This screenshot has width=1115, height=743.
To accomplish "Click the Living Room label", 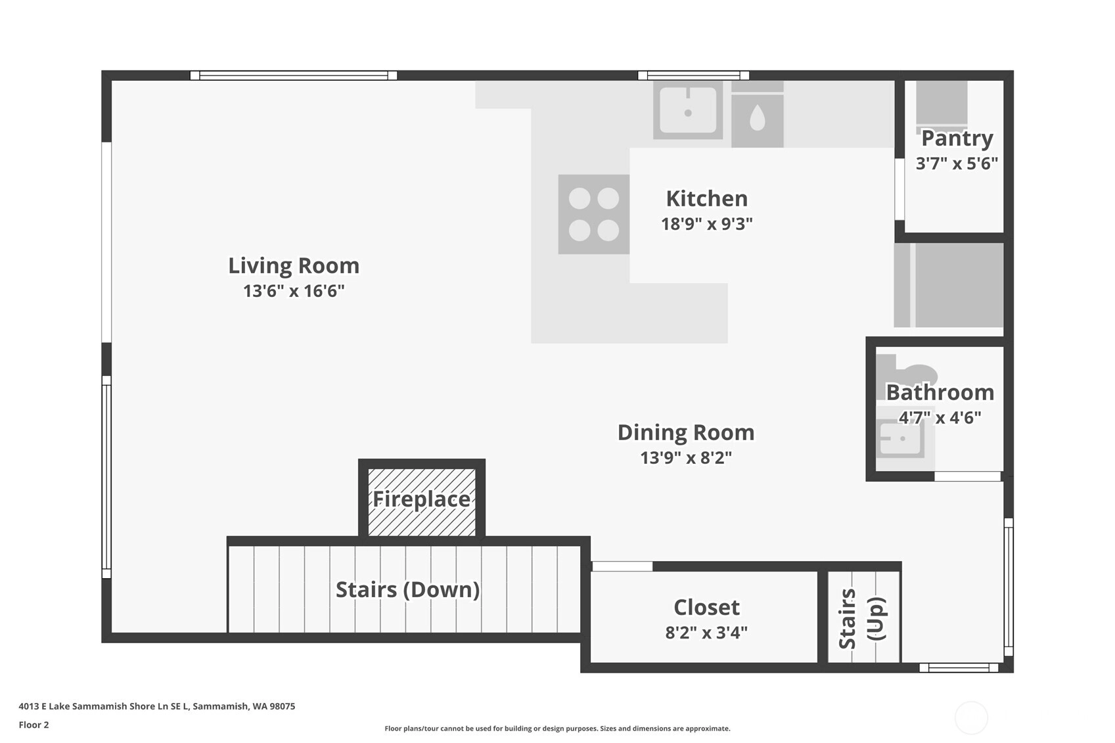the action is click(294, 266).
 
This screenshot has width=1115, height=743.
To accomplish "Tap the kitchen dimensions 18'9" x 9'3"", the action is click(707, 224).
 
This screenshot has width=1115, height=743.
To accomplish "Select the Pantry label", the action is click(957, 139).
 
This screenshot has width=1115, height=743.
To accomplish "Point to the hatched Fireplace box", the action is click(422, 502).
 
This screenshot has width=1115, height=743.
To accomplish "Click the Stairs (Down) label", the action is click(407, 590).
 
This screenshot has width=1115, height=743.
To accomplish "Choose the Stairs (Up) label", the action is click(862, 619).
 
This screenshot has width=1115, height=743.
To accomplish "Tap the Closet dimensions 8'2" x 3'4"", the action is click(706, 633).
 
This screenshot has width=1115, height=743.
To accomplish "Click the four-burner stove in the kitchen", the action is click(594, 214).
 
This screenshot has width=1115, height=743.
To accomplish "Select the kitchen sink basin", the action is click(688, 110).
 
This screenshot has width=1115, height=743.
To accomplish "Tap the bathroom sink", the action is click(900, 438).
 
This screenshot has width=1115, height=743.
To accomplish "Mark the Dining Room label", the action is click(686, 432).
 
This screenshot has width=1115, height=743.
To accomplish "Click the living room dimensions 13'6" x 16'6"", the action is click(294, 291).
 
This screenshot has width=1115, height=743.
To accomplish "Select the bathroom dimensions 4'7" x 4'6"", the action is click(940, 418).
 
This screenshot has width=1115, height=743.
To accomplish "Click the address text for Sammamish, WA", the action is click(157, 706).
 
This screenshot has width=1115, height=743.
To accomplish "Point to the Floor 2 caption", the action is click(34, 725).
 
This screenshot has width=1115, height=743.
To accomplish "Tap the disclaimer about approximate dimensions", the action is click(557, 729).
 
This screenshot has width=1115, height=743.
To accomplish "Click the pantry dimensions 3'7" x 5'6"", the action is click(957, 164).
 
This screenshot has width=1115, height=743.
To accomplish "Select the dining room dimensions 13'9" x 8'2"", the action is click(686, 458).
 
